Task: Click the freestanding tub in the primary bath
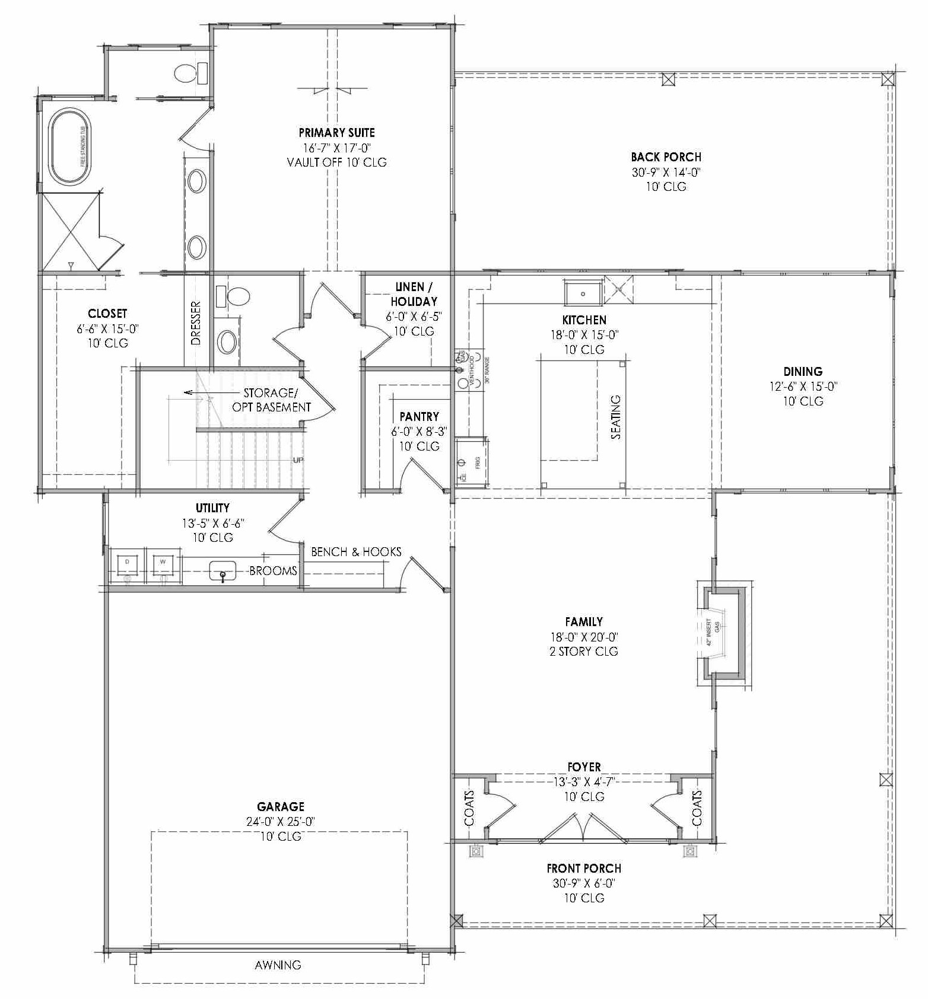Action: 69,146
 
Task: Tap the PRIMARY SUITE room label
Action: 336,133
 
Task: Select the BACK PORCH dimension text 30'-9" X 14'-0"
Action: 666,173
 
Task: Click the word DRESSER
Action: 196,323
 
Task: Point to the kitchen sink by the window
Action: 583,293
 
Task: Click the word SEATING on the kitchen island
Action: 616,417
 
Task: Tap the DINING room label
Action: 803,372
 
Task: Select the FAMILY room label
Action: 584,622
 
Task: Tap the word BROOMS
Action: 273,571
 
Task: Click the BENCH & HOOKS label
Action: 356,552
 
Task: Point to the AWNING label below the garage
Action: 278,965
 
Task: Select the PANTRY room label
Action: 419,417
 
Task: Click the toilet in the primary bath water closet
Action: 186,74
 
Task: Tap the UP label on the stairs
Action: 298,460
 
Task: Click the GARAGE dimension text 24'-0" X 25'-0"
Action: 281,822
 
